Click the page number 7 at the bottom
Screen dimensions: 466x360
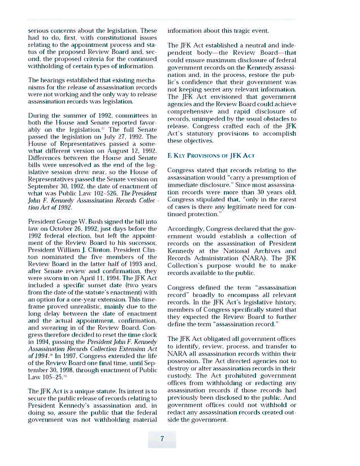pos(162,439)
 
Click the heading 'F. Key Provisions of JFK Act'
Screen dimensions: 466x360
pos(211,155)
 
